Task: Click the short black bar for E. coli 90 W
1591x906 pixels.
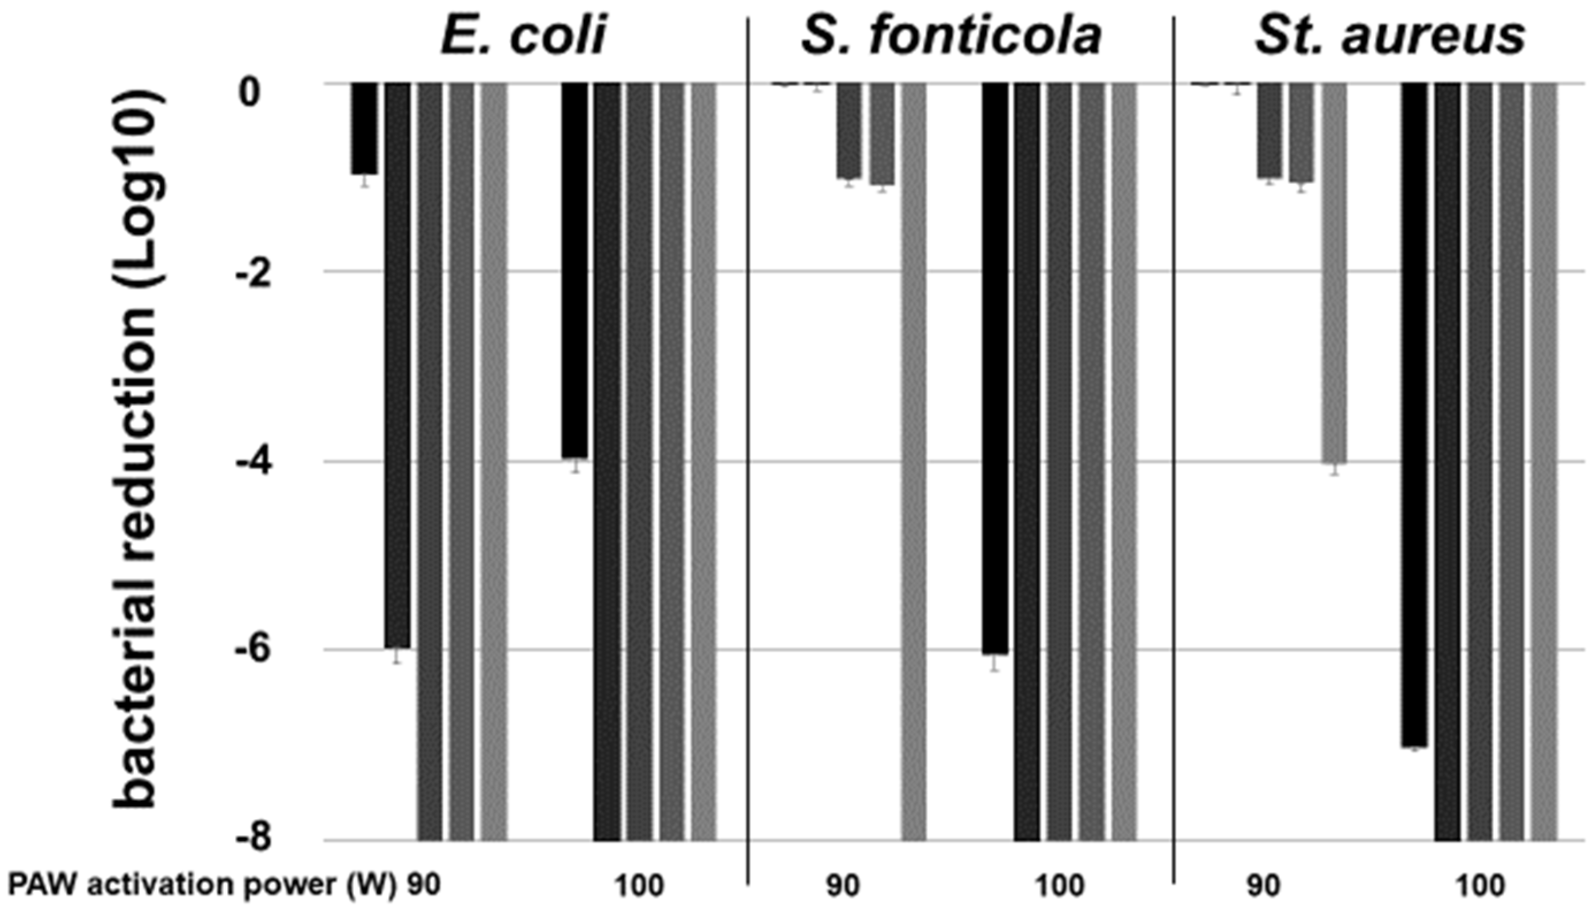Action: pyautogui.click(x=364, y=128)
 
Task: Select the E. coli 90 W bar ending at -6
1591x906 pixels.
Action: pyautogui.click(x=397, y=367)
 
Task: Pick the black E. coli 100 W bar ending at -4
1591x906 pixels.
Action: pyautogui.click(x=574, y=271)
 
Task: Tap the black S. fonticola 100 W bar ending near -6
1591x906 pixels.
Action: pyautogui.click(x=995, y=367)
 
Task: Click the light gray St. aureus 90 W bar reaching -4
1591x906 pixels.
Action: pyautogui.click(x=1333, y=274)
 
